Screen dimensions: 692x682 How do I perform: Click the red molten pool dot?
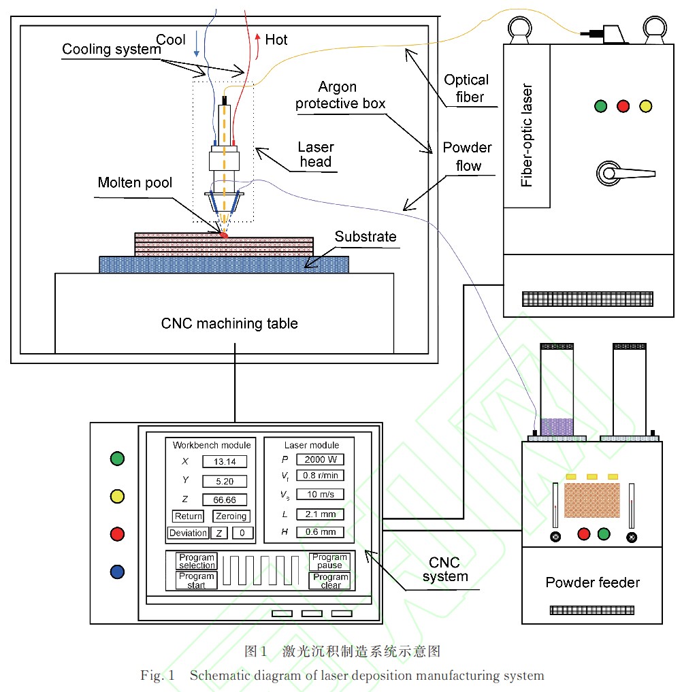coord(223,235)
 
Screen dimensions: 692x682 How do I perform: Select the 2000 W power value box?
coord(320,459)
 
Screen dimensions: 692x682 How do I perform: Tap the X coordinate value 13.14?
coord(225,462)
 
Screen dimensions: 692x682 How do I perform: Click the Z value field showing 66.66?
coord(225,499)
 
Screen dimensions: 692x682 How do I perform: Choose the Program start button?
coord(197,580)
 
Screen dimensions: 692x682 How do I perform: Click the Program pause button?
coord(330,561)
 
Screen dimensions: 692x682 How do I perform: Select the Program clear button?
coord(330,581)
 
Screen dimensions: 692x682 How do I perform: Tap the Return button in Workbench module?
coord(188,516)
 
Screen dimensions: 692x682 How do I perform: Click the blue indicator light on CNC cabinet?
coord(117,572)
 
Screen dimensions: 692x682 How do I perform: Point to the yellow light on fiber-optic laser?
coord(645,106)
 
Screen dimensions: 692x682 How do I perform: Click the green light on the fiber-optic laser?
coord(600,106)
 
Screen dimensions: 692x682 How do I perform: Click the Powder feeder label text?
coord(592,582)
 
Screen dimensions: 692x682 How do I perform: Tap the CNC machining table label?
coord(229,323)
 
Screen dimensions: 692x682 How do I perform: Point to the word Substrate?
coord(365,237)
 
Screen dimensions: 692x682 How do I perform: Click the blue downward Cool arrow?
coord(197,44)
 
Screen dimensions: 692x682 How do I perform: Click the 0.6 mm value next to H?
coord(320,532)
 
